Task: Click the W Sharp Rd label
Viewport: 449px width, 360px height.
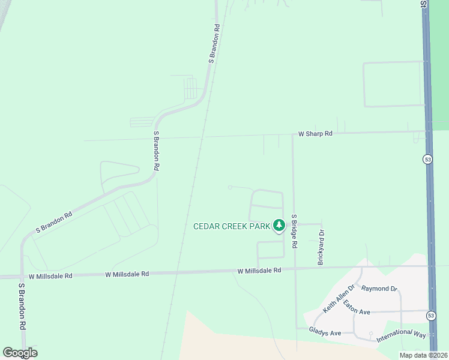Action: coord(316,134)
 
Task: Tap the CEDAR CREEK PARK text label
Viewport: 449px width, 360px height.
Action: coord(231,226)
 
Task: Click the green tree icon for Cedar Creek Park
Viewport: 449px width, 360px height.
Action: coord(279,225)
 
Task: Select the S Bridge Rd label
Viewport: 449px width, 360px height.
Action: coord(294,232)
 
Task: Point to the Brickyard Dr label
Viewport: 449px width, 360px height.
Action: coord(321,247)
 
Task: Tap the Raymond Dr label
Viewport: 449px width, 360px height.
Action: coord(379,289)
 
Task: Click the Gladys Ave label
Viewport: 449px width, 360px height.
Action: coord(325,332)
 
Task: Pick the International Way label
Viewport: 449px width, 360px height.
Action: coord(402,335)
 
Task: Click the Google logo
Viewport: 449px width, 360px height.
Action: coord(20,353)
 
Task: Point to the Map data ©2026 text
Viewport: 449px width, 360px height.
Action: coord(423,355)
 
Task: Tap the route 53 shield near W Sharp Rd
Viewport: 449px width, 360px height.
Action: coord(427,159)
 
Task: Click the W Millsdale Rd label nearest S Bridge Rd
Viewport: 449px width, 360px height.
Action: coord(259,271)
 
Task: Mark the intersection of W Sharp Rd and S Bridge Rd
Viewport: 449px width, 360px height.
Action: coord(292,134)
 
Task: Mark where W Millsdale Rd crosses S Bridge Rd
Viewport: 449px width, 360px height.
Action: coord(294,269)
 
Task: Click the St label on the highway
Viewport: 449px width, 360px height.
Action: coord(423,4)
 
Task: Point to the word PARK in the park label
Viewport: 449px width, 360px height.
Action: coord(257,226)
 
